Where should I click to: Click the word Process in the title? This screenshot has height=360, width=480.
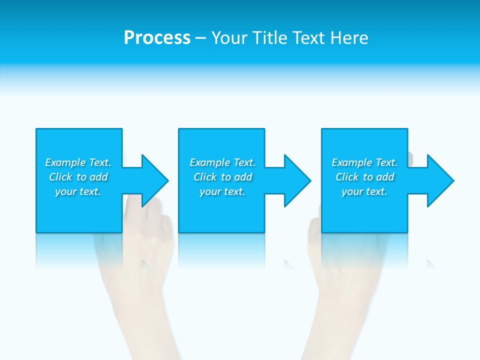tap(157, 38)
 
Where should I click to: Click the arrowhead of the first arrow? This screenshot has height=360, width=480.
tap(155, 180)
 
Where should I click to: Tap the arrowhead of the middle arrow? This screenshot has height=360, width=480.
tap(297, 180)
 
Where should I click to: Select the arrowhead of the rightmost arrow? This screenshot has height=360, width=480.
tap(440, 180)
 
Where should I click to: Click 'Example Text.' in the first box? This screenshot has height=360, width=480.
tap(78, 162)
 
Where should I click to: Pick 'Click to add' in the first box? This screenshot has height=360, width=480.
tap(78, 177)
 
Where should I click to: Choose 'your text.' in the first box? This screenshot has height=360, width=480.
tap(78, 191)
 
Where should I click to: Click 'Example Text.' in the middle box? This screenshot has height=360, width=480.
tap(222, 162)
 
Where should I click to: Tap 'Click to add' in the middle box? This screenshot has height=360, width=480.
tap(222, 177)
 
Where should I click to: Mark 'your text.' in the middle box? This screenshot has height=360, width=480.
tap(222, 191)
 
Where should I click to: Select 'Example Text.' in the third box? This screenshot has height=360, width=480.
tap(364, 162)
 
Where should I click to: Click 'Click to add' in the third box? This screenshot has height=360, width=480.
tap(364, 177)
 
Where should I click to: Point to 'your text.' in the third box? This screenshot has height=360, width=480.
tap(364, 191)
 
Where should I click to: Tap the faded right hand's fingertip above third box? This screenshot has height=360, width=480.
tap(410, 157)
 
